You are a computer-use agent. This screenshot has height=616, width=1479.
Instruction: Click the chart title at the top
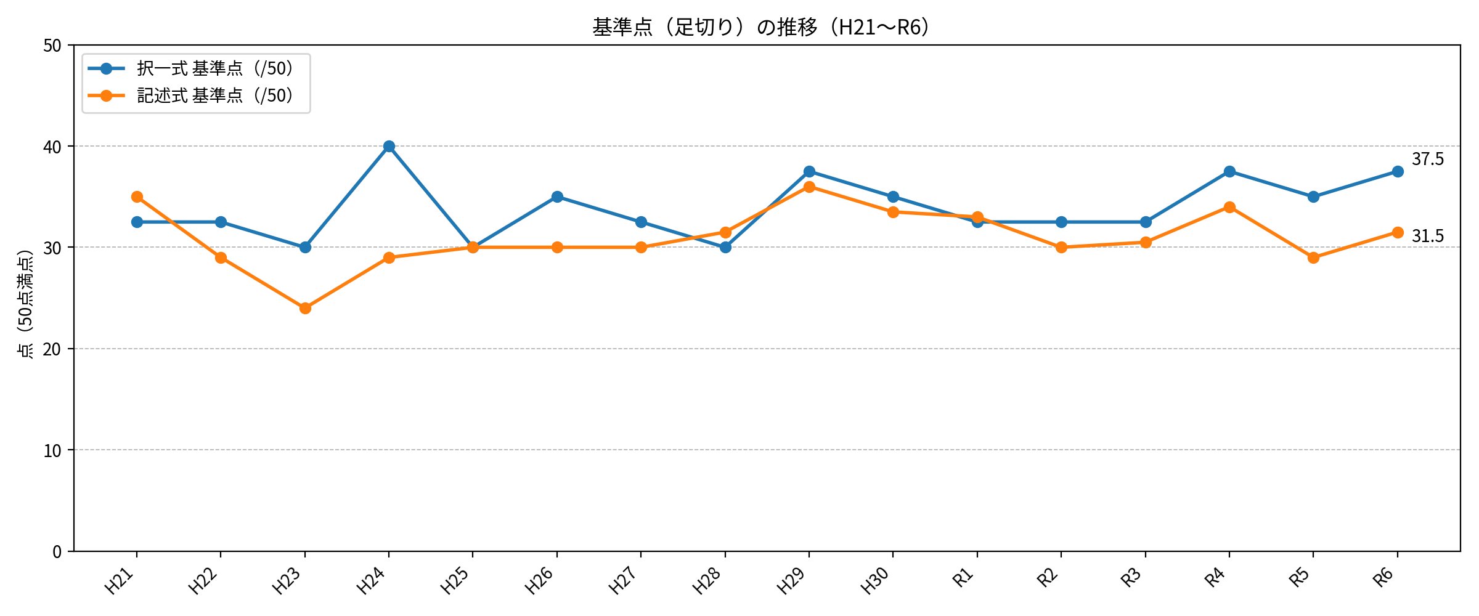762,27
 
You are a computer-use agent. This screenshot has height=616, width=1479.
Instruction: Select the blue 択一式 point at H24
389,147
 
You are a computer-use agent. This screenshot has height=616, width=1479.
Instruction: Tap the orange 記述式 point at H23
305,308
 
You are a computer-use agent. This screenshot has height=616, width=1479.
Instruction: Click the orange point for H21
137,197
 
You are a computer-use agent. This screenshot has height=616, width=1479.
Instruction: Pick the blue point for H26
557,197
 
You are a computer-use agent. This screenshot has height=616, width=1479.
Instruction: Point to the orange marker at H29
809,187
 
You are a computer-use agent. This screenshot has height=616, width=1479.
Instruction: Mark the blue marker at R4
1229,172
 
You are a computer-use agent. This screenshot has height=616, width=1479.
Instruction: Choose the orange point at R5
1313,257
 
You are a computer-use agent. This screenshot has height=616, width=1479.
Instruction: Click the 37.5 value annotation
1428,160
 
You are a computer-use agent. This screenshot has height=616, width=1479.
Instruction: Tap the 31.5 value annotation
1428,237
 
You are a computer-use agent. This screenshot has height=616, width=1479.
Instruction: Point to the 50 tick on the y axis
53,46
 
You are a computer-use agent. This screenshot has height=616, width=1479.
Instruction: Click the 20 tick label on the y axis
53,349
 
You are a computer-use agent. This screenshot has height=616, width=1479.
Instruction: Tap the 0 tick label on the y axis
57,552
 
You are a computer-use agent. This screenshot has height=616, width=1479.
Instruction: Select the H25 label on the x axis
455,581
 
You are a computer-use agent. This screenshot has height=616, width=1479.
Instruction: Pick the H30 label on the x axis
875,581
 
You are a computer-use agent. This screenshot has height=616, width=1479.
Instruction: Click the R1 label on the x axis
963,578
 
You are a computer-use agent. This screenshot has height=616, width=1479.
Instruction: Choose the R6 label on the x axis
1383,578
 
